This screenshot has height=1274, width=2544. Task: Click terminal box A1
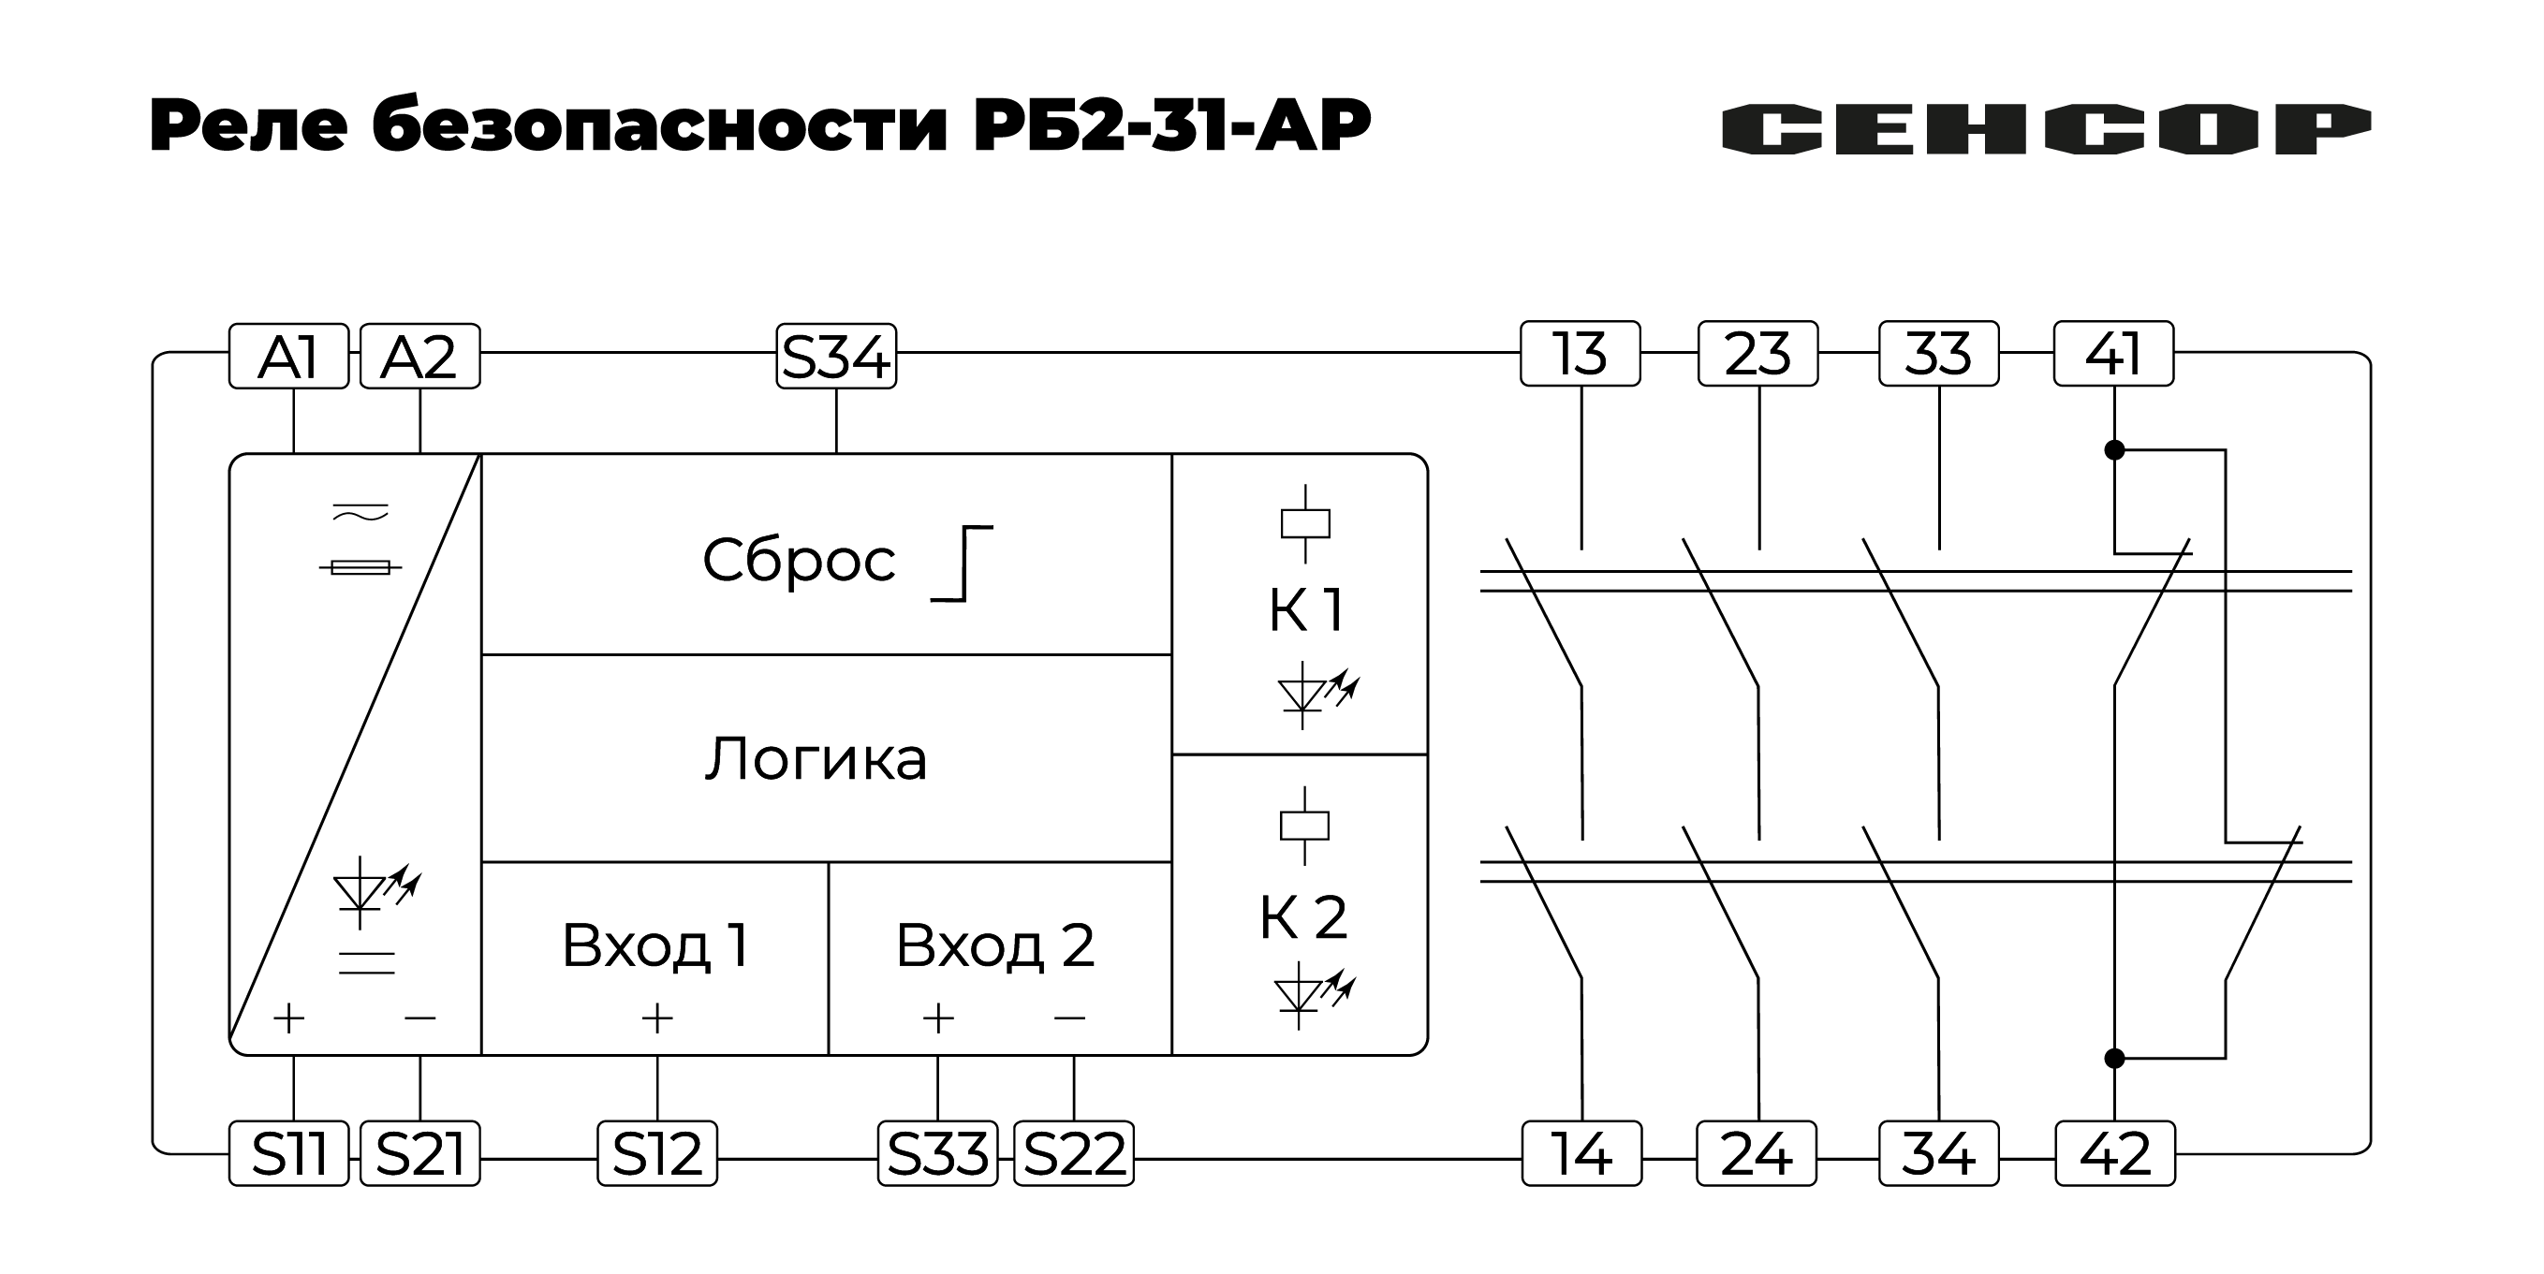pyautogui.click(x=288, y=357)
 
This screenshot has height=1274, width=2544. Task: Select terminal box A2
pyautogui.click(x=419, y=357)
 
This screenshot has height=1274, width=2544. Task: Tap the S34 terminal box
pyautogui.click(x=835, y=357)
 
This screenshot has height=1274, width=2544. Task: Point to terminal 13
pyautogui.click(x=1580, y=354)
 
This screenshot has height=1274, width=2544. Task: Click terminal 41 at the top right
pyautogui.click(x=2112, y=354)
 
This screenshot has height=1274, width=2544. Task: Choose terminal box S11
pyautogui.click(x=288, y=1152)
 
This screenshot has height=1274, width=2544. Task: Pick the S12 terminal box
pyautogui.click(x=656, y=1152)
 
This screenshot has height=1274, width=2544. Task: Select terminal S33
pyautogui.click(x=937, y=1152)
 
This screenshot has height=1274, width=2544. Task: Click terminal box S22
pyautogui.click(x=1073, y=1152)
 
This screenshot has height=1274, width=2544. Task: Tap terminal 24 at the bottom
pyautogui.click(x=1756, y=1152)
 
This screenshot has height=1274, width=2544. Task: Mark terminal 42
pyautogui.click(x=2114, y=1152)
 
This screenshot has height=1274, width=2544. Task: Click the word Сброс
pyautogui.click(x=798, y=561)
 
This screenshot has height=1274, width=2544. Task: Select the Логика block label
pyautogui.click(x=816, y=759)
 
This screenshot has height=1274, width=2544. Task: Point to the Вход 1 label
pyautogui.click(x=654, y=945)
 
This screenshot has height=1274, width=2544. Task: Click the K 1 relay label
pyautogui.click(x=1305, y=610)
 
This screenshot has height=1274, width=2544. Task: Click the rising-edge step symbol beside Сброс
pyautogui.click(x=963, y=564)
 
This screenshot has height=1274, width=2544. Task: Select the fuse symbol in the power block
pyautogui.click(x=360, y=567)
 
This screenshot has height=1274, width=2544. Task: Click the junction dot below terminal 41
pyautogui.click(x=2114, y=450)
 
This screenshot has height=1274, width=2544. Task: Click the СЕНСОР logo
pyautogui.click(x=2046, y=129)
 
